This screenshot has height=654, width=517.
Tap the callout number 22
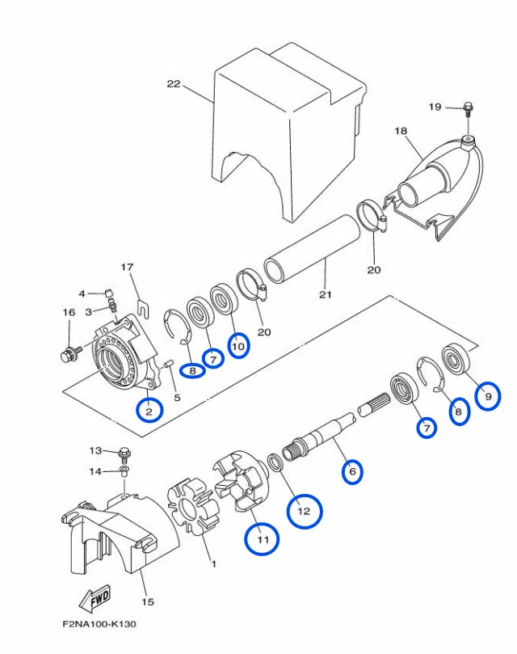[x=174, y=84]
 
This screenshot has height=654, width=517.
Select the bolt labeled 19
[x=468, y=109]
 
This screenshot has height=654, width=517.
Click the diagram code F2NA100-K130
[x=99, y=624]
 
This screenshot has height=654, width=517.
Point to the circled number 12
[x=305, y=511]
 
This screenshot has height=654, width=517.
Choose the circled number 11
[x=263, y=539]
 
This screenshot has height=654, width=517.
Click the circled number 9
[x=488, y=396]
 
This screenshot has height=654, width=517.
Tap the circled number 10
[x=238, y=346]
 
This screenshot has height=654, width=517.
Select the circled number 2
[x=149, y=410]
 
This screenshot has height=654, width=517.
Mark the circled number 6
[x=352, y=472]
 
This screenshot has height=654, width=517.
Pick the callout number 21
[x=326, y=294]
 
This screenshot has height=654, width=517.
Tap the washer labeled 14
[x=124, y=471]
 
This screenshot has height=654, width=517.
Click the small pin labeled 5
[x=168, y=365]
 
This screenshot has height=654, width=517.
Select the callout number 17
[x=127, y=267]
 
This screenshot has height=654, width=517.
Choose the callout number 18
[x=401, y=131]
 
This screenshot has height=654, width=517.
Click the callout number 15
[x=148, y=602]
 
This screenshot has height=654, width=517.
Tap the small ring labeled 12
[x=275, y=462]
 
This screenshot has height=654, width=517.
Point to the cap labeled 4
[x=108, y=292]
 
